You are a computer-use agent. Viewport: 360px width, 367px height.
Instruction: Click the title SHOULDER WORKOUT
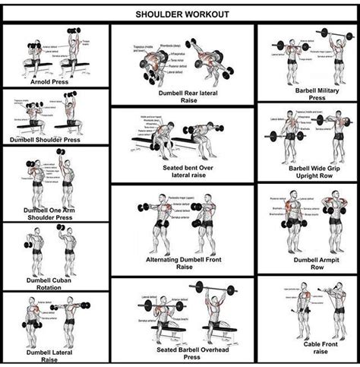pos(180,14)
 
